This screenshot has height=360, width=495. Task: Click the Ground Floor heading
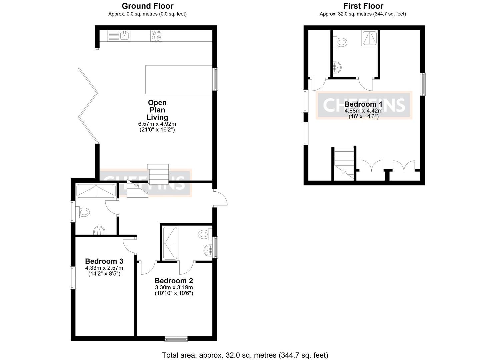click(147, 6)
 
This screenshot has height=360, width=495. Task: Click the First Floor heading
click(363, 6)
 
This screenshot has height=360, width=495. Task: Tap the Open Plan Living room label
click(157, 110)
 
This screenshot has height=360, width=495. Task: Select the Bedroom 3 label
click(104, 261)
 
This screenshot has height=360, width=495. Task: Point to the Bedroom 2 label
click(174, 281)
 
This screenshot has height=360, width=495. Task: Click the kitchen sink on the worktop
click(125, 35)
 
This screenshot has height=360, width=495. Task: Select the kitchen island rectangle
click(179, 79)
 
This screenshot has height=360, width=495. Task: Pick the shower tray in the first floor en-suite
click(369, 38)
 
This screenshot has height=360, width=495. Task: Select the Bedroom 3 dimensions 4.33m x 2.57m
click(104, 268)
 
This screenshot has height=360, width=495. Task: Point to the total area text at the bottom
click(245, 355)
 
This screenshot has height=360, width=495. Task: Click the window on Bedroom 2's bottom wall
click(176, 339)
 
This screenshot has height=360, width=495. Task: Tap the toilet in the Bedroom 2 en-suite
click(204, 234)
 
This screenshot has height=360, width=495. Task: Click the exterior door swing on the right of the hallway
click(221, 198)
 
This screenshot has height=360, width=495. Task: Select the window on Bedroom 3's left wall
click(72, 278)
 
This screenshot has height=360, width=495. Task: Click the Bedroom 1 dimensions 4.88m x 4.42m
click(363, 111)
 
